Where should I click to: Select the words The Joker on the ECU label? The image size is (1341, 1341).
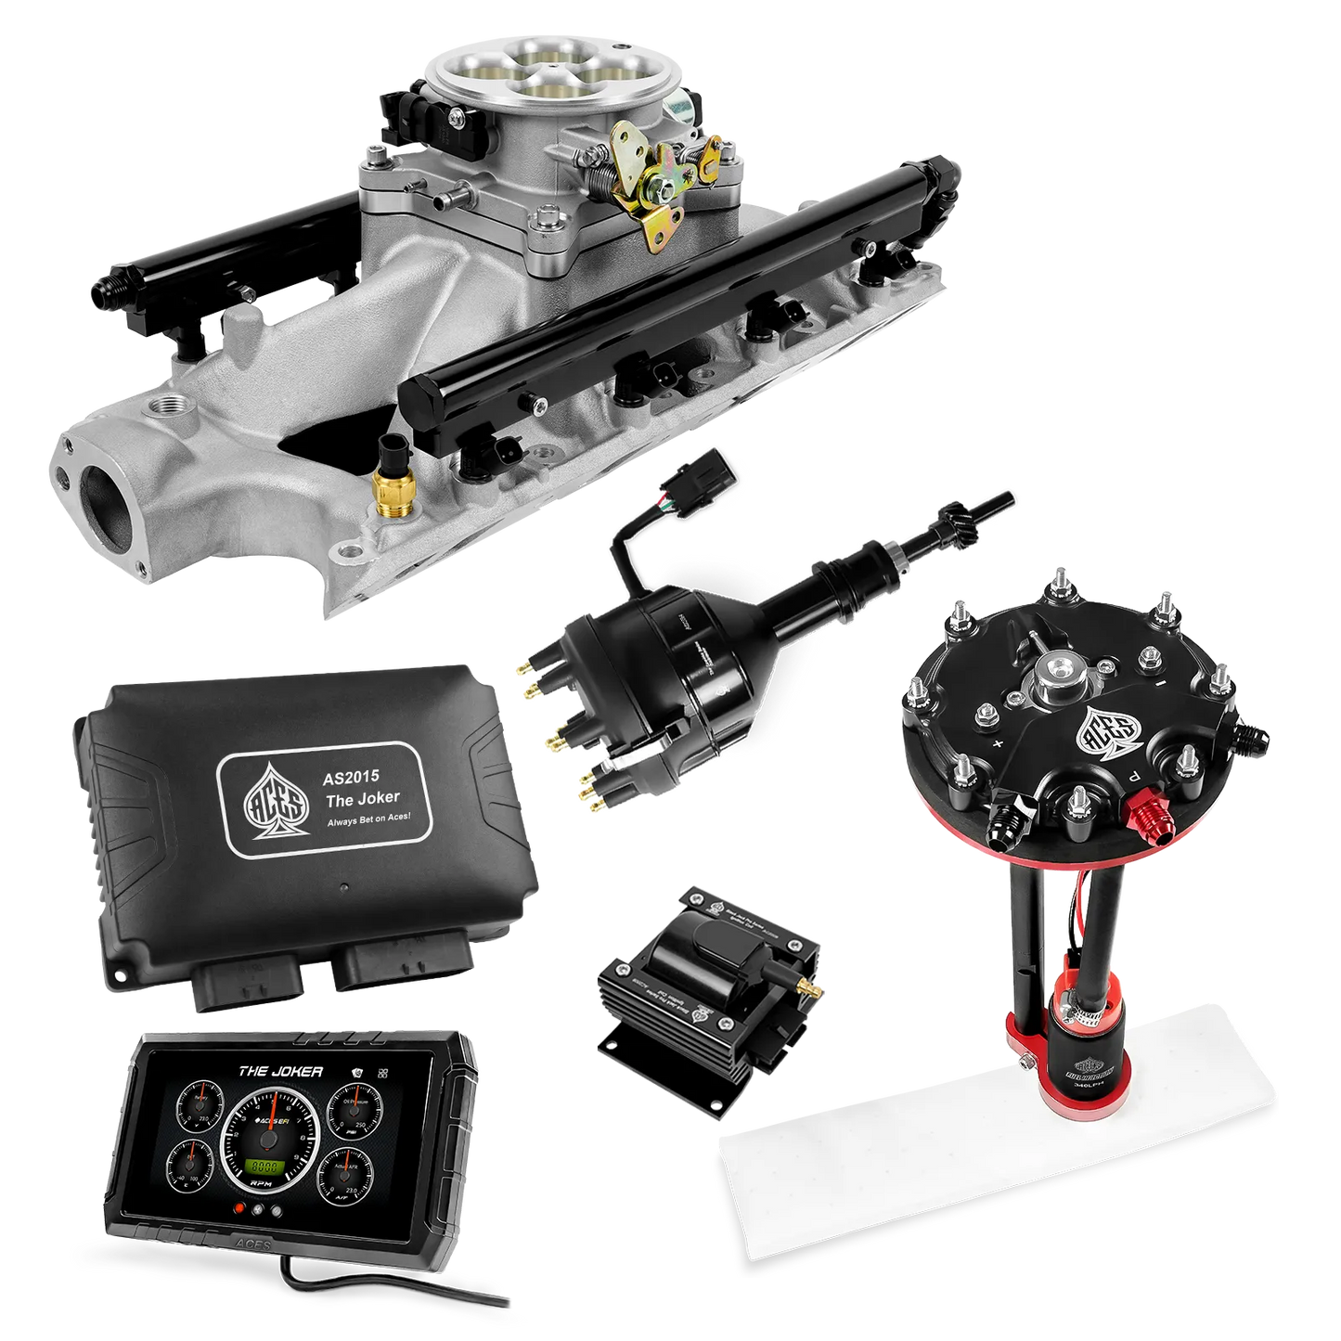[362, 796]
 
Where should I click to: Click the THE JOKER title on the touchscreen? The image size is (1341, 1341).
[281, 1071]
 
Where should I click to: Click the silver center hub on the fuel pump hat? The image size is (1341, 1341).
[1055, 667]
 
